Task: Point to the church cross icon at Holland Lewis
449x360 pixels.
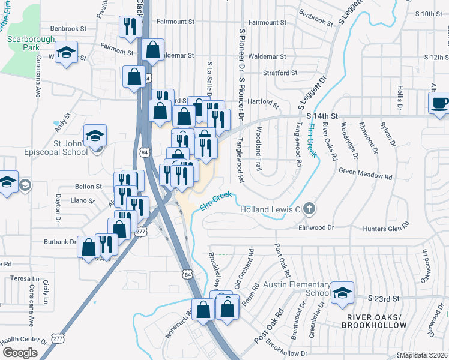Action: (309, 209)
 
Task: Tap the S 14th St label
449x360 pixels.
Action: (323, 115)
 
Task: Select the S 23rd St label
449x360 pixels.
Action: (384, 298)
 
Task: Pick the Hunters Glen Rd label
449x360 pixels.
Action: (385, 227)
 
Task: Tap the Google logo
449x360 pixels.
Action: (20, 353)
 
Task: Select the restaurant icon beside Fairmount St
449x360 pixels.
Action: (130, 26)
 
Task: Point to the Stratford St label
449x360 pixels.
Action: (280, 73)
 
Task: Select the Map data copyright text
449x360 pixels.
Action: (425, 355)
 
